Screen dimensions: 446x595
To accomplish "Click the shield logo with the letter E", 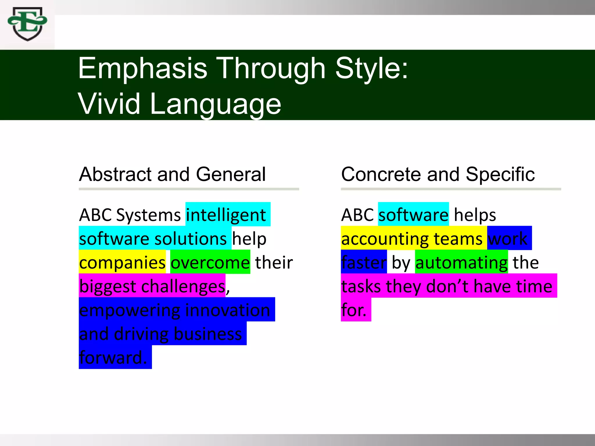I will coord(28,24).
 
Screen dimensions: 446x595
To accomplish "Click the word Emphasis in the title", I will coord(142,69).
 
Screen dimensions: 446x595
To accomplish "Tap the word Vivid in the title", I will coord(109,104).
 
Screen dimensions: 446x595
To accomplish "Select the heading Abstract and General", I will coord(172,174).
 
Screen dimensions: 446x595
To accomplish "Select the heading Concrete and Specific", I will coord(438,174).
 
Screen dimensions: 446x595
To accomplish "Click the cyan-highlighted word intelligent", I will coord(226,215).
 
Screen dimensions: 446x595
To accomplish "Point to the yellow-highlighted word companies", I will coord(122,262).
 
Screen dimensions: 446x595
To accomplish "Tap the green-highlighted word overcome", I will coord(210,262).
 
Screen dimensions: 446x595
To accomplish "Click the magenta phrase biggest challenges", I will coord(152,286).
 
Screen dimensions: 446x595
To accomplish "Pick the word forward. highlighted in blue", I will coord(113,357).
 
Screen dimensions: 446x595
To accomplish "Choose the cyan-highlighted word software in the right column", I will coord(413,215).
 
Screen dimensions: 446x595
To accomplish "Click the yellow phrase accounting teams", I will coord(412,239).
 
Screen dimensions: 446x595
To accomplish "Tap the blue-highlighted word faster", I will coord(364,262).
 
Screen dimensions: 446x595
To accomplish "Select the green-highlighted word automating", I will coord(461,262).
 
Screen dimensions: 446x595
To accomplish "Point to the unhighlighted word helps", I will coord(475,215).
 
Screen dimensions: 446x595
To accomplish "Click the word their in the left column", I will coord(274,262).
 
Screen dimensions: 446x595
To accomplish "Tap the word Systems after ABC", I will coord(148,215).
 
